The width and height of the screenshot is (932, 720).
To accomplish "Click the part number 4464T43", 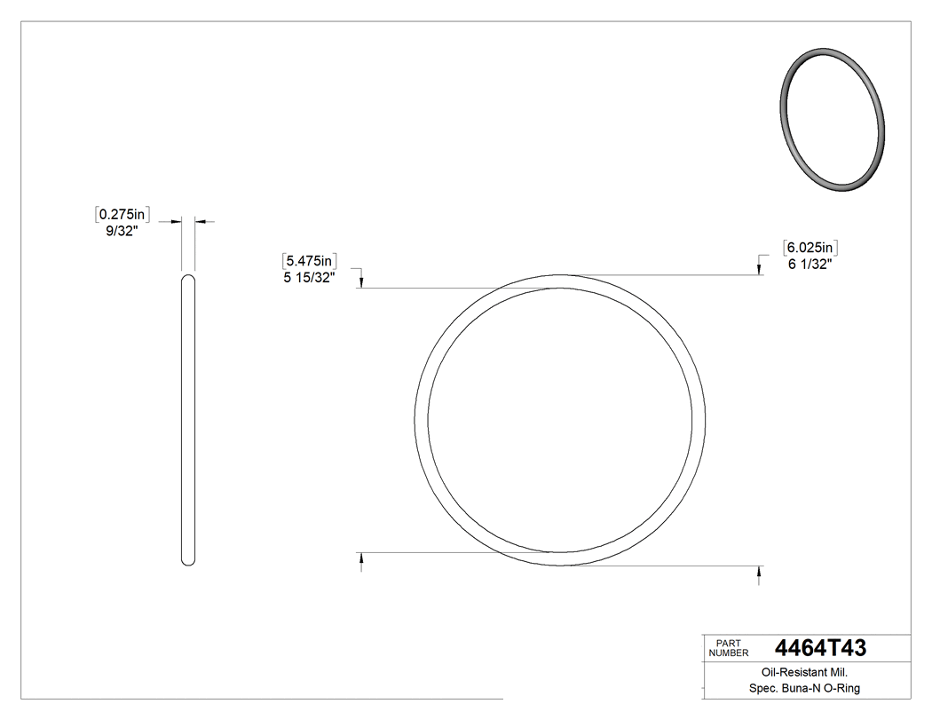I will pyautogui.click(x=820, y=647).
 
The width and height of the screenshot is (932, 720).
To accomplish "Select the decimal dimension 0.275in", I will pyautogui.click(x=122, y=214).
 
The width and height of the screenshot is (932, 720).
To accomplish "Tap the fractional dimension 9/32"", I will pyautogui.click(x=121, y=231).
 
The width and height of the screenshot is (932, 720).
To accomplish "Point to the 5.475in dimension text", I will pyautogui.click(x=308, y=261).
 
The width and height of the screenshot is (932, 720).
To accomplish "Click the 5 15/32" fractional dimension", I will pyautogui.click(x=308, y=278).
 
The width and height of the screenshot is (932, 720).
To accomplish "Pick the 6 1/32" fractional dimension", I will pyautogui.click(x=809, y=264).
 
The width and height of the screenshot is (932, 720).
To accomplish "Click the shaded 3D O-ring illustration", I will pyautogui.click(x=832, y=119).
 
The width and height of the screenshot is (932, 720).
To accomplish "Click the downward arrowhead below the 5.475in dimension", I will pyautogui.click(x=361, y=282).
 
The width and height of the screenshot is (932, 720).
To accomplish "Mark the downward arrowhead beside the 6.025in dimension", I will pyautogui.click(x=758, y=270).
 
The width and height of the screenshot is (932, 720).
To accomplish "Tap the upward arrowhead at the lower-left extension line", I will pyautogui.click(x=361, y=558).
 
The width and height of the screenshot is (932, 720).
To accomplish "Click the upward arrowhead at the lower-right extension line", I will pyautogui.click(x=758, y=572).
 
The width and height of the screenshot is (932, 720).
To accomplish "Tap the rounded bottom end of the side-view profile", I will pyautogui.click(x=187, y=560).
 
